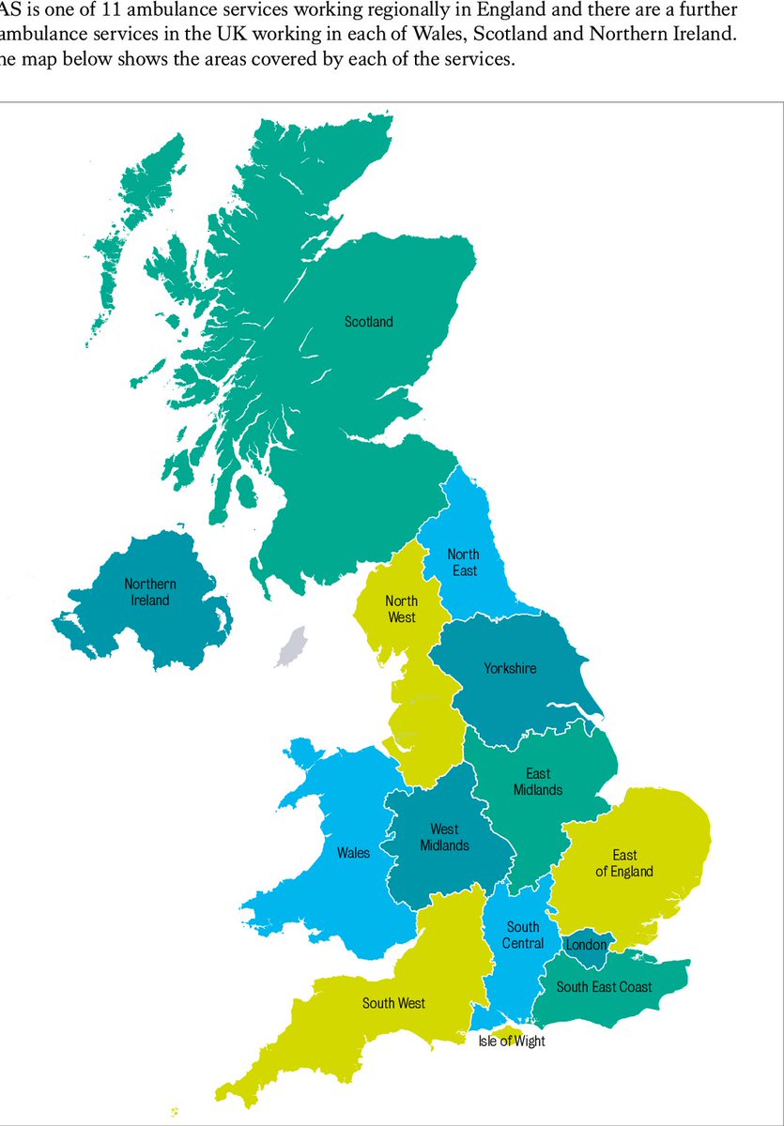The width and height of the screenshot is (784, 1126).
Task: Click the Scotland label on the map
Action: click(368, 322)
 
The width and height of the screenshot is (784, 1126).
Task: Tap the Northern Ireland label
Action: click(150, 591)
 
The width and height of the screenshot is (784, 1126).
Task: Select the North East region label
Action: click(463, 562)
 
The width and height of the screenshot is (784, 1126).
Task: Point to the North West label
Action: click(401, 609)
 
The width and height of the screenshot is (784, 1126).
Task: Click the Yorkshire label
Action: click(510, 668)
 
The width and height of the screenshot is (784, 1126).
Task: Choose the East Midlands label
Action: click(538, 782)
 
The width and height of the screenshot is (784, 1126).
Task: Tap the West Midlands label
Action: click(444, 837)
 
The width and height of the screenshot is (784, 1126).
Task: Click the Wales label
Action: click(353, 853)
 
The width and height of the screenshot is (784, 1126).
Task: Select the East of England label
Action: click(624, 863)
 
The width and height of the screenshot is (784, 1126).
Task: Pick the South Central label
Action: click(523, 935)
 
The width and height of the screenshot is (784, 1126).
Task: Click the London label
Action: click(586, 945)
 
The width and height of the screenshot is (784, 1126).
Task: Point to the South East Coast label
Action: click(605, 986)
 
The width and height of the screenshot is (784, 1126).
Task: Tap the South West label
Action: click(393, 1003)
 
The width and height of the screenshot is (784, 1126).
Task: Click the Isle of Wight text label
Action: click(512, 1041)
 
